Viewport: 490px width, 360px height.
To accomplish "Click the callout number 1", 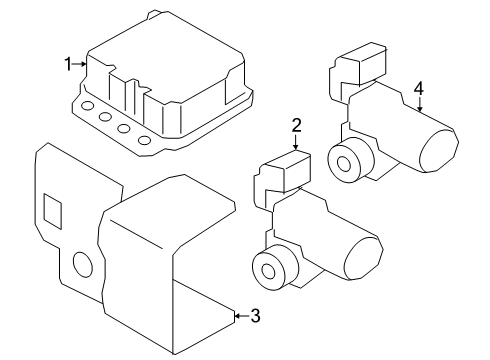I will (x=69, y=64).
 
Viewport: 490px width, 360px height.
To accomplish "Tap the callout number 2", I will (x=296, y=125).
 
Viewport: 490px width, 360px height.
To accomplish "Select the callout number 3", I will (x=255, y=317).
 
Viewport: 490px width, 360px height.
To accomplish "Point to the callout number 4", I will (x=419, y=88).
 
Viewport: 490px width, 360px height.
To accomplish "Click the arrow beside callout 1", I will (x=83, y=64).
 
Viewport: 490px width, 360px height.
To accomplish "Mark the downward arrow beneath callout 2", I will (x=296, y=142).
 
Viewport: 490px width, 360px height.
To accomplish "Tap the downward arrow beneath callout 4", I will (x=419, y=107).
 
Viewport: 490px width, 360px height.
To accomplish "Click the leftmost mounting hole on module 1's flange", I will (x=88, y=105).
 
